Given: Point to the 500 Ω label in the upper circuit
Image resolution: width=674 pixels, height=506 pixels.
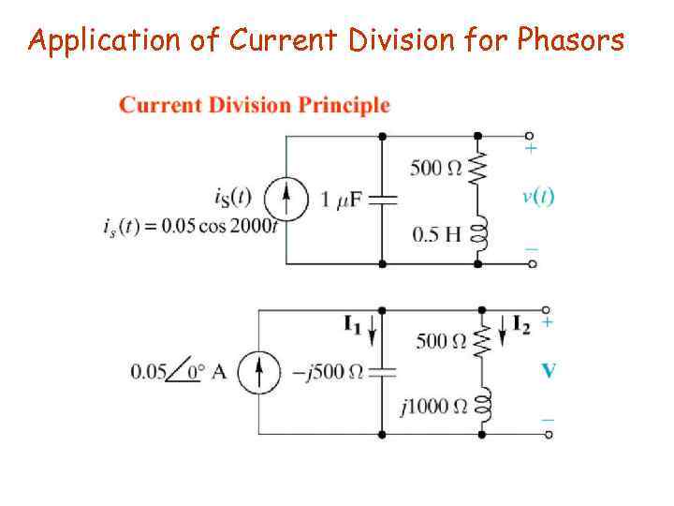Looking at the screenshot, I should tap(436, 169).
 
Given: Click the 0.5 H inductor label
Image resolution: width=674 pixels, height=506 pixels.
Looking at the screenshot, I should tap(437, 233).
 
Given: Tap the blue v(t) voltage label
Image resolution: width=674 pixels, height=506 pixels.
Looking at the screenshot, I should tap(537, 196).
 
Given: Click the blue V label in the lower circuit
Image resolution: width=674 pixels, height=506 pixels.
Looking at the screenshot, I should tap(549, 371).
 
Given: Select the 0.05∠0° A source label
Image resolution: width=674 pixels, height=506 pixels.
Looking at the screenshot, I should tap(178, 371).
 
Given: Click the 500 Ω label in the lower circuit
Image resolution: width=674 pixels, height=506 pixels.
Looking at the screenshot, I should tap(440, 341).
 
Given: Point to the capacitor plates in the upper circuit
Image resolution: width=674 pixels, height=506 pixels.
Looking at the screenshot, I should tap(383, 200).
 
